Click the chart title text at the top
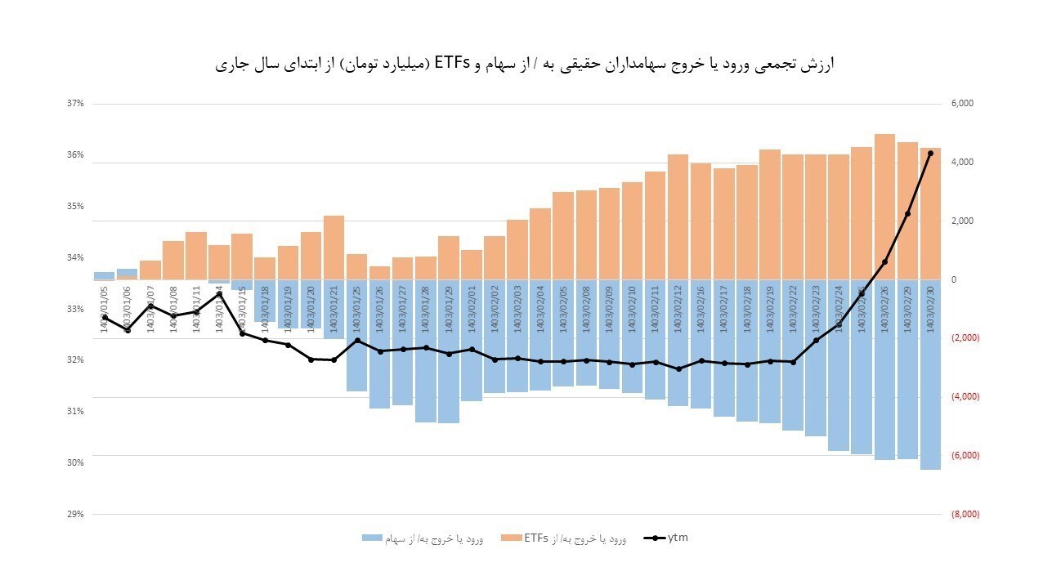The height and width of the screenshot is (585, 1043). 523,64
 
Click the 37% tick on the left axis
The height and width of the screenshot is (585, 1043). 75,104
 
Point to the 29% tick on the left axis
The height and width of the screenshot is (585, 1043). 75,514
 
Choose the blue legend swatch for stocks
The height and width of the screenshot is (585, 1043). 372,538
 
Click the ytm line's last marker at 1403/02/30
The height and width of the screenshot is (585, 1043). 930,154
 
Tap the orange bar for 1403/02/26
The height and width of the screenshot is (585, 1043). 884,207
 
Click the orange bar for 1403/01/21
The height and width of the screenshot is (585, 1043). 333,248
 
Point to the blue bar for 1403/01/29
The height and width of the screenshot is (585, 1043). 448,351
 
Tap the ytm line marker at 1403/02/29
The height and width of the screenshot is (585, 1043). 907,214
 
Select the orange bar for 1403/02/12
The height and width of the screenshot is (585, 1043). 678,217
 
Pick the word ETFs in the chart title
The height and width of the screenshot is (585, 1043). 451,64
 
